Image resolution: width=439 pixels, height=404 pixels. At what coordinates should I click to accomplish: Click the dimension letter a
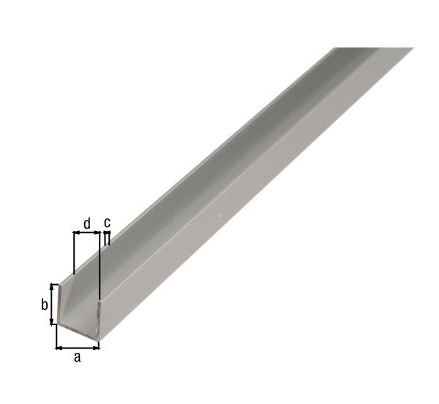pyautogui.click(x=77, y=357)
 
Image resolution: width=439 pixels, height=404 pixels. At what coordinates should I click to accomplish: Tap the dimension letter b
pyautogui.click(x=44, y=305)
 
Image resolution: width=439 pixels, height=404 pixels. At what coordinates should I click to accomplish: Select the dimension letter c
pyautogui.click(x=107, y=222)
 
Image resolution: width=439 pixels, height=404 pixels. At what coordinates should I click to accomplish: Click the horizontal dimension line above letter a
pyautogui.click(x=78, y=347)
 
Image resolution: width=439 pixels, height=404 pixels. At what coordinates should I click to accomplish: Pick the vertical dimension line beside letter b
pyautogui.click(x=51, y=304)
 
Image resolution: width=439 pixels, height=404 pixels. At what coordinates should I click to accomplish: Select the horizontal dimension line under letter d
pyautogui.click(x=86, y=233)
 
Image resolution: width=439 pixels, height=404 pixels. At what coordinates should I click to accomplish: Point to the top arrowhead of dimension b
pyautogui.click(x=51, y=286)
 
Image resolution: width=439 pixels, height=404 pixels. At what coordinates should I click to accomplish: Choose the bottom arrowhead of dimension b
pyautogui.click(x=51, y=321)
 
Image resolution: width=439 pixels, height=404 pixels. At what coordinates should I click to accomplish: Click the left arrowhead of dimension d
pyautogui.click(x=76, y=233)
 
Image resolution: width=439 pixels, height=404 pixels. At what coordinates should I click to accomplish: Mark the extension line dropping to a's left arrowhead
pyautogui.click(x=56, y=336)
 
